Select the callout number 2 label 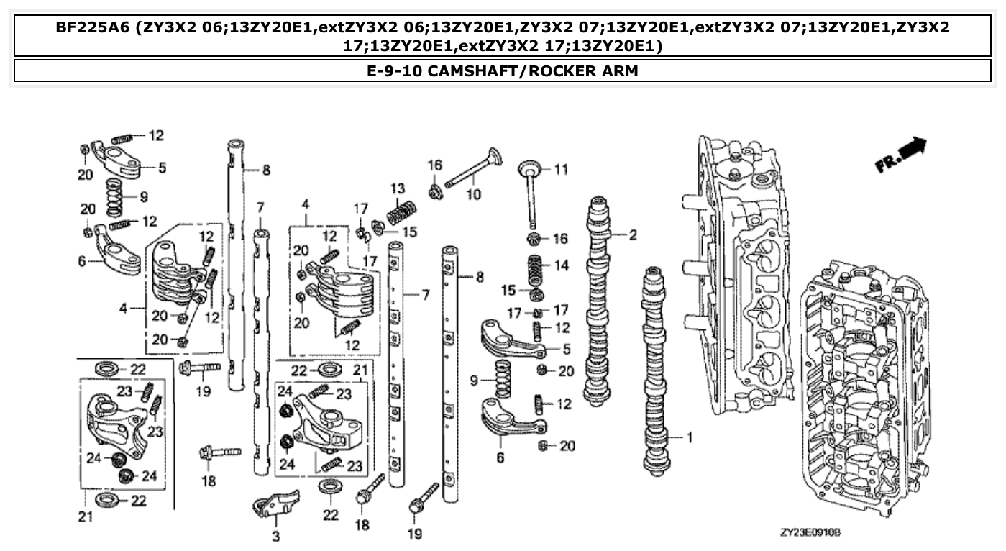click(x=632, y=234)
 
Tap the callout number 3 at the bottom click(x=275, y=536)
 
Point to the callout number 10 click(x=472, y=195)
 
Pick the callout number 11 click(x=561, y=170)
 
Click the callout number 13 click(x=398, y=188)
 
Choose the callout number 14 click(x=561, y=265)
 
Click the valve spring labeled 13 click(x=402, y=213)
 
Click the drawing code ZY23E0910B click(x=810, y=533)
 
